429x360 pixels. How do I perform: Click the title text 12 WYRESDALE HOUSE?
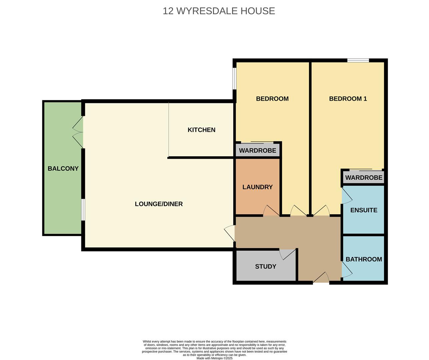tap(219, 11)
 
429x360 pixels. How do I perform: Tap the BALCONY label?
tap(63, 168)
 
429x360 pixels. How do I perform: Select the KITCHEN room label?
tap(201, 130)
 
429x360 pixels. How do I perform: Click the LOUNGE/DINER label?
tap(159, 204)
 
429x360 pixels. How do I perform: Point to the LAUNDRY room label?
tap(257, 187)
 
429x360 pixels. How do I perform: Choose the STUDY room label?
tap(265, 266)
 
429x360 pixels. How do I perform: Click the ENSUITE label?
tap(364, 210)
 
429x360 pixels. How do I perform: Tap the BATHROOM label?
tap(364, 259)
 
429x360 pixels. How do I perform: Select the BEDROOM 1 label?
tap(348, 99)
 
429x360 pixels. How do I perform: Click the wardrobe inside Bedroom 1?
tap(364, 177)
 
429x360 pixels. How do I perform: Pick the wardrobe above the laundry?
tap(257, 150)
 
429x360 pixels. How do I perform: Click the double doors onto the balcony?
tap(78, 132)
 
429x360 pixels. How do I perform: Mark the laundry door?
tap(271, 211)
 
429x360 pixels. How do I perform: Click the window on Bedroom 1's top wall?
tap(358, 60)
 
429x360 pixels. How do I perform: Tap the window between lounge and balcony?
tap(83, 210)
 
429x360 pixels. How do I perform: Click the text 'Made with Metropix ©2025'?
tap(214, 358)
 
